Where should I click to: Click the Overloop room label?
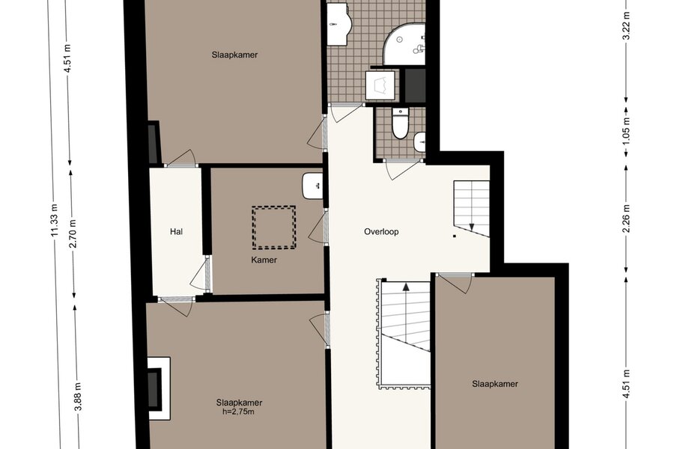[381, 231]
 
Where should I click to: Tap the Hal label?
[176, 231]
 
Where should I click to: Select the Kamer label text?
[264, 260]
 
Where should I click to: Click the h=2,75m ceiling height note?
[238, 412]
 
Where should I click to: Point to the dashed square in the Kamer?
[274, 227]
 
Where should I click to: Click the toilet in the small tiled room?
[400, 123]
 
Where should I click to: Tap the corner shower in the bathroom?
[404, 44]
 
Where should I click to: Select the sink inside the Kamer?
[312, 186]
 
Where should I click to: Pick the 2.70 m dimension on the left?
[73, 233]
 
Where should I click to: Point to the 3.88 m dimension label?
[78, 397]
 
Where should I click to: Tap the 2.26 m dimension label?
[626, 218]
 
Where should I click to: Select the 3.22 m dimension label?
[626, 25]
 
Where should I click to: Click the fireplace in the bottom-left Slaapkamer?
[159, 389]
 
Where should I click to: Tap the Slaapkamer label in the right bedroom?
[495, 384]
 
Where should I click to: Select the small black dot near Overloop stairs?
[455, 236]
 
